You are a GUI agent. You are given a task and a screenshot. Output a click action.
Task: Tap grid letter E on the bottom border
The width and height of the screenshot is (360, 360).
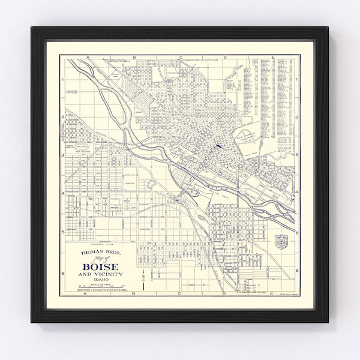[272, 294]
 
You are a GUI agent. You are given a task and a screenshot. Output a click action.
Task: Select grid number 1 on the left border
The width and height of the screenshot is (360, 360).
[62, 79]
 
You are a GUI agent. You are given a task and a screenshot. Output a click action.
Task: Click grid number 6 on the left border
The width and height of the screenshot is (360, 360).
[62, 265]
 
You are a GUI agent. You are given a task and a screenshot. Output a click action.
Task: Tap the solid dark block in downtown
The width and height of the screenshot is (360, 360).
[217, 146]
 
